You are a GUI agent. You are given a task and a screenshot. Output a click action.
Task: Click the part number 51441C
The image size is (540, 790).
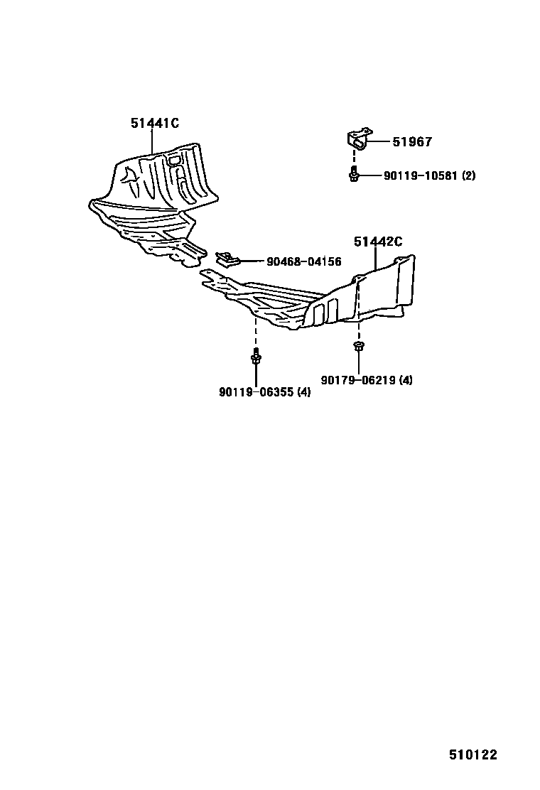(154, 123)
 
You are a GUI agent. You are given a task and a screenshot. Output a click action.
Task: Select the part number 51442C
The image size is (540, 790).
(378, 242)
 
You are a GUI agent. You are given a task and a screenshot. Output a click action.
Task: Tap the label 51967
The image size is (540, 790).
(412, 142)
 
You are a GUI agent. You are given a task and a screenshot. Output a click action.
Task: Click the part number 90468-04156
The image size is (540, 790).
(303, 261)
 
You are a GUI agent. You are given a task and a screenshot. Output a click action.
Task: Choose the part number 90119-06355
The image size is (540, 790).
(256, 391)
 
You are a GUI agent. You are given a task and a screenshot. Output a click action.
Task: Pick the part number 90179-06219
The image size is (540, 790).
(359, 380)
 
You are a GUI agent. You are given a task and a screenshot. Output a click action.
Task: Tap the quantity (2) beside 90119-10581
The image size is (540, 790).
(468, 175)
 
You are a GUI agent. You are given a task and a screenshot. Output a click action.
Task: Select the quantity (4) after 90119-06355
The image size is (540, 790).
(303, 391)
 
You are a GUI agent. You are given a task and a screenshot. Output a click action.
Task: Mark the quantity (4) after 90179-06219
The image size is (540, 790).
(406, 380)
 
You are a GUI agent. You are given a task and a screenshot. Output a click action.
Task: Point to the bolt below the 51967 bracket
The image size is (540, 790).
(353, 174)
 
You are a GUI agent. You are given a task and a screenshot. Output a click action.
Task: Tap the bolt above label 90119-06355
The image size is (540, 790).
(255, 359)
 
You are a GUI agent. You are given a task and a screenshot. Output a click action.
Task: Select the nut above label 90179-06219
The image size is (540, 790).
(358, 347)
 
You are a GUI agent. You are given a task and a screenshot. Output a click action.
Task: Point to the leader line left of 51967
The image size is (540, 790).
(379, 142)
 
